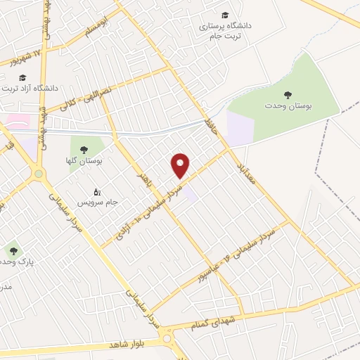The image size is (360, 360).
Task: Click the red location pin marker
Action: (181, 166)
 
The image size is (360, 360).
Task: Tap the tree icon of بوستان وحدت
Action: (287, 94)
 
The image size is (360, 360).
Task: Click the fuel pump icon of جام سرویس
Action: (97, 191)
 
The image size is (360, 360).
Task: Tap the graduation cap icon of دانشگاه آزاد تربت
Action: (22, 77)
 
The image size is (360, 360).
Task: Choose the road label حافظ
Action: (210, 128)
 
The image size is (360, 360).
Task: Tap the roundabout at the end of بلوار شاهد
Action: (168, 339)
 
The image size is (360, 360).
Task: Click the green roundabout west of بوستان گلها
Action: (39, 173)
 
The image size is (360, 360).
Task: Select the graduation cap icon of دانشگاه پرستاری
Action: (225, 15)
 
